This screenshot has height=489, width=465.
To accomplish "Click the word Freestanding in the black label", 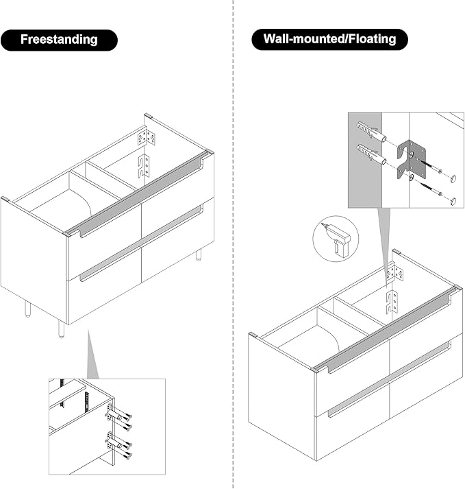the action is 59,40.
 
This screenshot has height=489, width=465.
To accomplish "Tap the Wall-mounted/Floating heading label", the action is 329,39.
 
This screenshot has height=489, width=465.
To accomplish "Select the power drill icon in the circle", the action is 336,240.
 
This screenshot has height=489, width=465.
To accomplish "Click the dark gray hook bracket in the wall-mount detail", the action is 411,160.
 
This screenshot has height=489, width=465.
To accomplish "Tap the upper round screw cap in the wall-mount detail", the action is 453,178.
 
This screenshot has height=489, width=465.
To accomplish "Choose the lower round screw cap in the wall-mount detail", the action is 453,201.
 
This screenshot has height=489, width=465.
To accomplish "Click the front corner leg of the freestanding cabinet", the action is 62,330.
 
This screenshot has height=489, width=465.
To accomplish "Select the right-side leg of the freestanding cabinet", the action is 199,254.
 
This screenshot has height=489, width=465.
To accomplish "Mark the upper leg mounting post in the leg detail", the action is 114,415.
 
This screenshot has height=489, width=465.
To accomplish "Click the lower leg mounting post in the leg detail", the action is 114,442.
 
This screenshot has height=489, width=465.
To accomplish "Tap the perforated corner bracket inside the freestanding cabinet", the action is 147,138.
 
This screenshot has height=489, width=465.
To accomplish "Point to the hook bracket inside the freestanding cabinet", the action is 144,167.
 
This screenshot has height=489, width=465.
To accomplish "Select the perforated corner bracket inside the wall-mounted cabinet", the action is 395,272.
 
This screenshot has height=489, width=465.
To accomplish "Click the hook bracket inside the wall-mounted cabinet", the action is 392,302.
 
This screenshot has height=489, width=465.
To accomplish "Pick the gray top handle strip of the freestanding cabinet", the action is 137,193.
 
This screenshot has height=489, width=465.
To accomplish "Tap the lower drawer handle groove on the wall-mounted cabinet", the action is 389,379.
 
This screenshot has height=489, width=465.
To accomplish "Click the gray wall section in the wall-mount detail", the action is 365,160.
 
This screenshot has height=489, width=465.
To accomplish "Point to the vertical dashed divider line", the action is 233,244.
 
